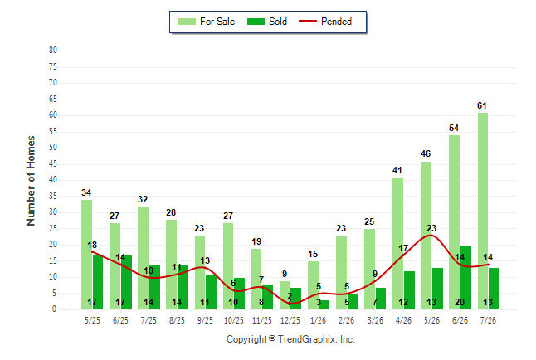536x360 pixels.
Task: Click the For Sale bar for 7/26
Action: [x=483, y=211]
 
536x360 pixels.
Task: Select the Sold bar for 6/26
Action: [x=465, y=277]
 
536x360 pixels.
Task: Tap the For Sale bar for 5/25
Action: [x=86, y=255]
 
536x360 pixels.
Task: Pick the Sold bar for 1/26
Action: [x=324, y=304]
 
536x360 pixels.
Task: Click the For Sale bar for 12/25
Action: [x=285, y=295]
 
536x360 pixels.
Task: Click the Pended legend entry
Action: [x=325, y=22]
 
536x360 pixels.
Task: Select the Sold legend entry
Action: [x=267, y=22]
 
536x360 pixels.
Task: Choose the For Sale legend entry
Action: [x=207, y=22]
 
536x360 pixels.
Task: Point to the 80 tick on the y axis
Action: [x=52, y=51]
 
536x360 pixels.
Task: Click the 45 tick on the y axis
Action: [x=52, y=163]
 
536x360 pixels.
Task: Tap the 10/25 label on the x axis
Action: [x=234, y=320]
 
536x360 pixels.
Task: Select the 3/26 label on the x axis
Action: [x=375, y=320]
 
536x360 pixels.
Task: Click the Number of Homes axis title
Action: [x=31, y=181]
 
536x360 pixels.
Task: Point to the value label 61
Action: [x=481, y=105]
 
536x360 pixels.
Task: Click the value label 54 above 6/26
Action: [x=454, y=128]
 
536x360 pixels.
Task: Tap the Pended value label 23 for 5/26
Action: [x=431, y=228]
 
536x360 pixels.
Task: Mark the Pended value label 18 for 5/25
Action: [x=92, y=245]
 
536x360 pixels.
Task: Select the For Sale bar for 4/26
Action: [x=397, y=243]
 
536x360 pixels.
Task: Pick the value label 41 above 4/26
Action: [x=397, y=170]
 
